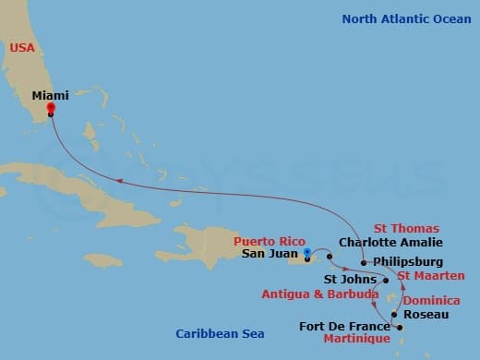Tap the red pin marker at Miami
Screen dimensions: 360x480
pyautogui.click(x=51, y=107)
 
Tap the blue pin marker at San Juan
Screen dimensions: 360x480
pyautogui.click(x=306, y=250)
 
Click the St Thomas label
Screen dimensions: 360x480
pyautogui.click(x=406, y=228)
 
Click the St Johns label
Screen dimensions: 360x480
pyautogui.click(x=349, y=279)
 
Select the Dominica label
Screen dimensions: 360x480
pyautogui.click(x=432, y=300)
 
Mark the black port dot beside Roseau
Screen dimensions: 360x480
pyautogui.click(x=394, y=316)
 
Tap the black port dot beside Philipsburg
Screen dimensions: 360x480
pyautogui.click(x=365, y=262)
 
